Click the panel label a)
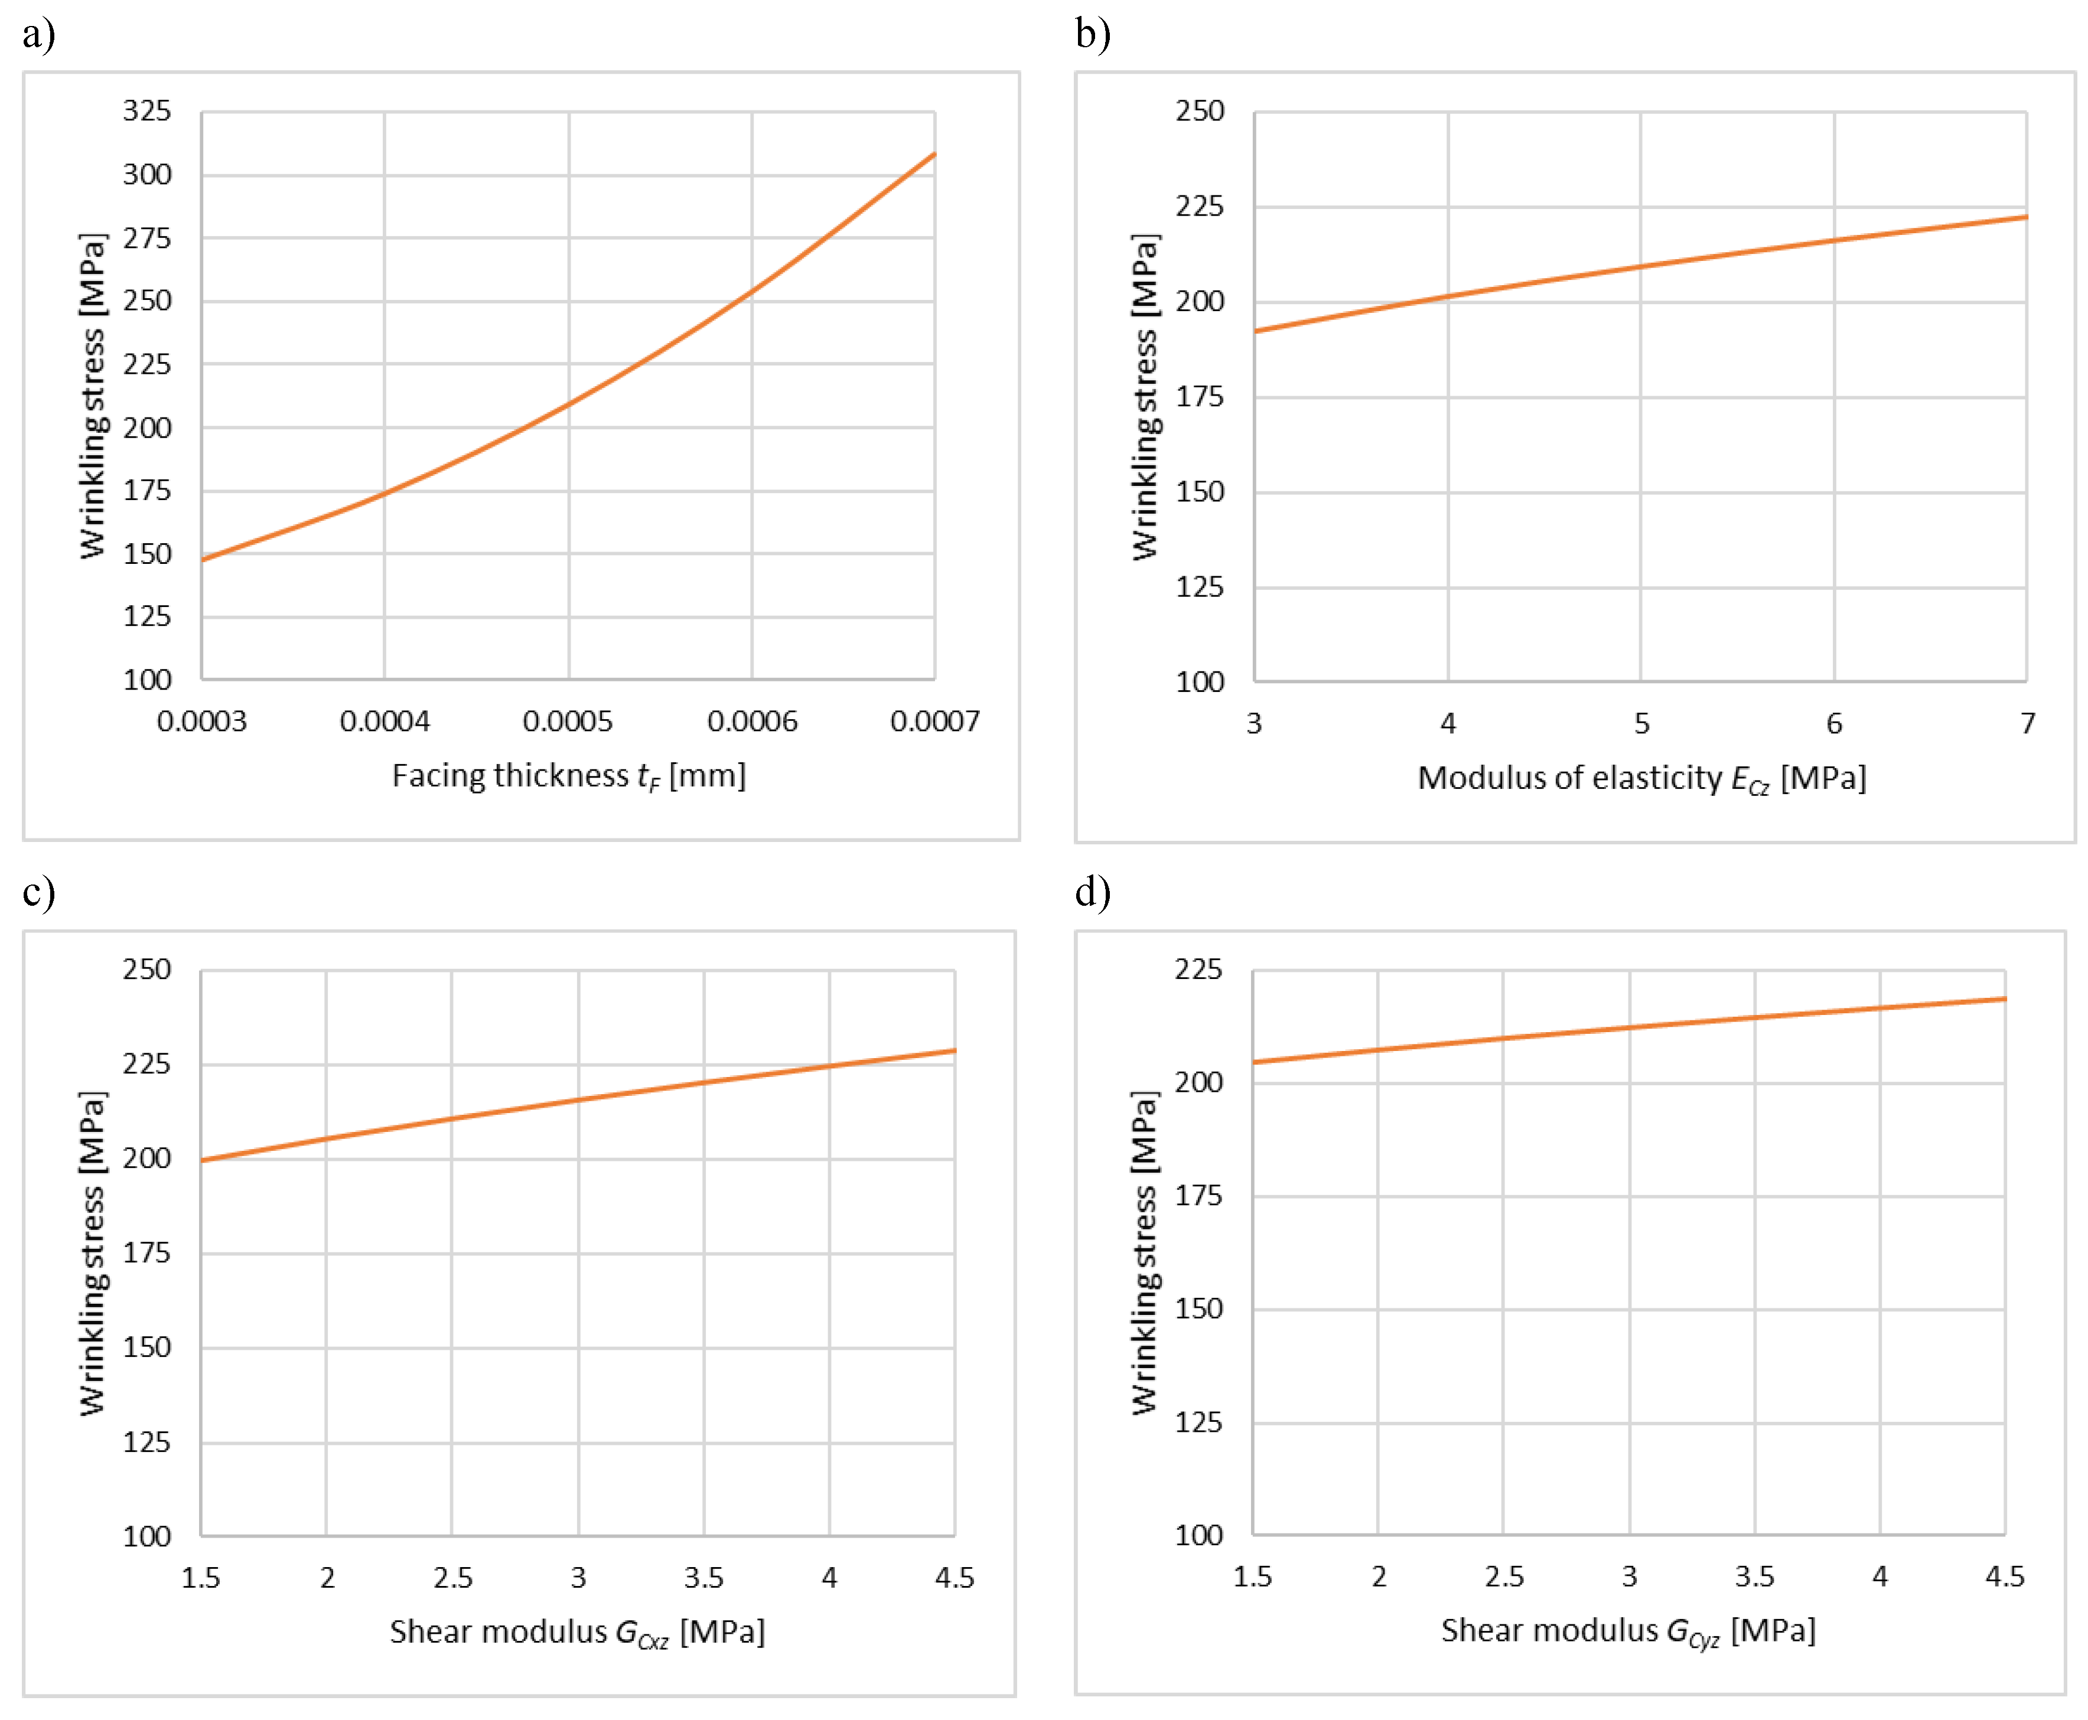(x=38, y=35)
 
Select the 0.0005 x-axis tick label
(x=567, y=722)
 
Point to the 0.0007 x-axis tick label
(x=934, y=722)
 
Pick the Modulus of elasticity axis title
(x=1641, y=779)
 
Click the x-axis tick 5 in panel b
(x=1641, y=724)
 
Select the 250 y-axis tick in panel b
(x=1199, y=111)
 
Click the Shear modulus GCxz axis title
(x=576, y=1632)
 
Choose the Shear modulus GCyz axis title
(x=1627, y=1631)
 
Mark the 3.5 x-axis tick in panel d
(x=1754, y=1577)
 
